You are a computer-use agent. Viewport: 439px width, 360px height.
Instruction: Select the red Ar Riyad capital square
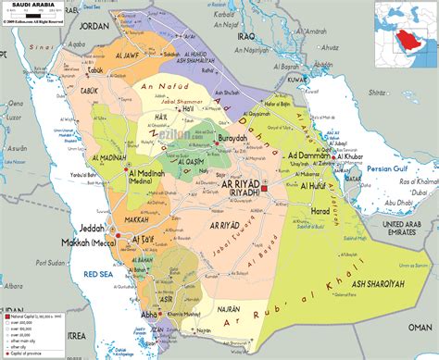pyautogui.click(x=264, y=188)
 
